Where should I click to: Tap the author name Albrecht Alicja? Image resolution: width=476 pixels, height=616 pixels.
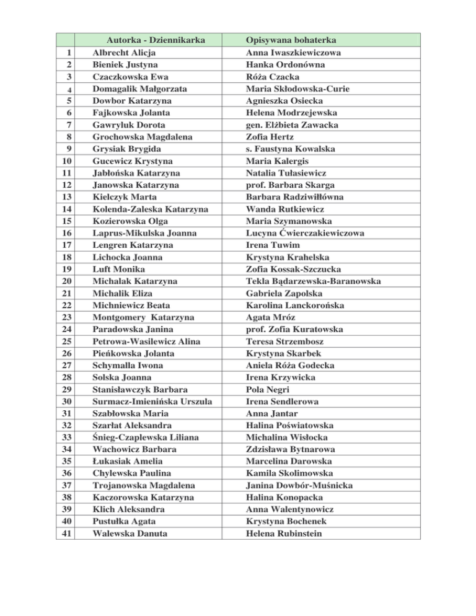coord(123,53)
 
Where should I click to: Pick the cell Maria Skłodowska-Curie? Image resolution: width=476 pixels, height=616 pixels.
coord(297,89)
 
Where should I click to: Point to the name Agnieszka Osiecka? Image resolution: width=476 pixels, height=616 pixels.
coord(284,101)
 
